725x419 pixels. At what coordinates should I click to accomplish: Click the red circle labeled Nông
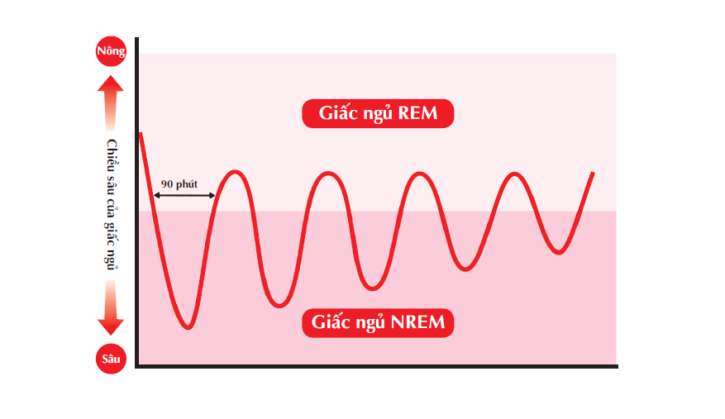coord(111,52)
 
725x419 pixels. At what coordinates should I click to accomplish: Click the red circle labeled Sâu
coord(111,359)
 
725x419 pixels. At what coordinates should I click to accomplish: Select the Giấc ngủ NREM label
coord(379,321)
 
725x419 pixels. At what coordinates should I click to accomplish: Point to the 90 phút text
coord(179,183)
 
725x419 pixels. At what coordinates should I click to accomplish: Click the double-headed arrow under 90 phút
coord(184,195)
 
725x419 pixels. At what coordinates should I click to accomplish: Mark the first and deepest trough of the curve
coord(188,327)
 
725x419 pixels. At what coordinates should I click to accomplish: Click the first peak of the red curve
coord(236,172)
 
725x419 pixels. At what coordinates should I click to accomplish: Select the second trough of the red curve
coord(281,306)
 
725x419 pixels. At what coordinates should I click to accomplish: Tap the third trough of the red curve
coord(374,288)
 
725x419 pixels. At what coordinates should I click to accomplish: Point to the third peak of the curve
coord(422,174)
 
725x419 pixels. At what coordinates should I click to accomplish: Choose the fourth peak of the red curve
coord(515,174)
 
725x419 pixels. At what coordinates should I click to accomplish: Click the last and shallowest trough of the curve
coord(560,252)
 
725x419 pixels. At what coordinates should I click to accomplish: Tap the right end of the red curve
coord(593,173)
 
